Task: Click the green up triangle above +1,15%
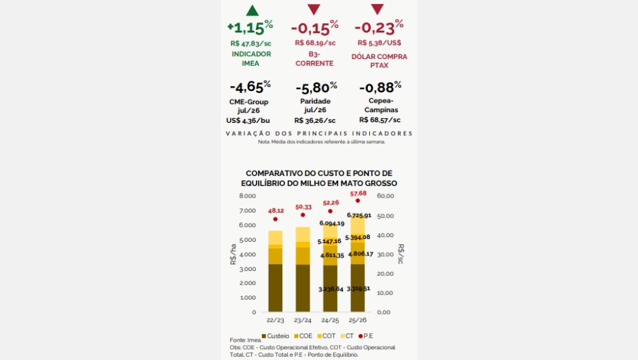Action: point(252,10)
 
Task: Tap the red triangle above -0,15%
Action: point(314,10)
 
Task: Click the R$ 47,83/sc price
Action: point(250,43)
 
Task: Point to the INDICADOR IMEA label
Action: point(251,58)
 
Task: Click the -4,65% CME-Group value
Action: point(250,87)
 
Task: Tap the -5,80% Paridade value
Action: point(314,87)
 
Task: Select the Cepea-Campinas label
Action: point(379,105)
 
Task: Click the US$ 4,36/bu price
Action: point(248,120)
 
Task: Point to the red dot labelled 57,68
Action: point(358,201)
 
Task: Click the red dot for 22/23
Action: point(276,219)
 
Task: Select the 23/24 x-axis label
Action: point(303,320)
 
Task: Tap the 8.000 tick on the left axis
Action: point(248,196)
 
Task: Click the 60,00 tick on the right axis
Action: point(385,196)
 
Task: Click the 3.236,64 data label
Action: point(331,289)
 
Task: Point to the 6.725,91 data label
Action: point(358,215)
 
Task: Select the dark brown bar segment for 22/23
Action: point(276,287)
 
